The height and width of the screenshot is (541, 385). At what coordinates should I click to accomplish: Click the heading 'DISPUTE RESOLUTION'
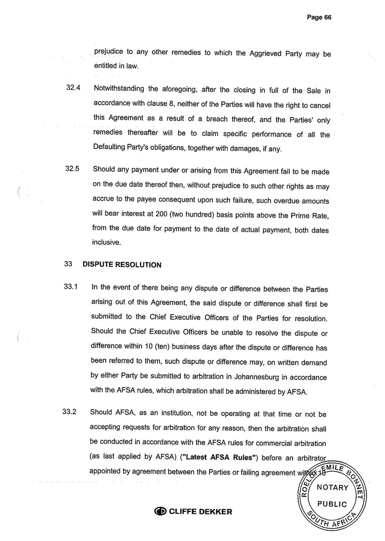click(x=122, y=265)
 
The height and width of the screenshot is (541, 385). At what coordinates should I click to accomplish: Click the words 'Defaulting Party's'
click(x=123, y=149)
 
